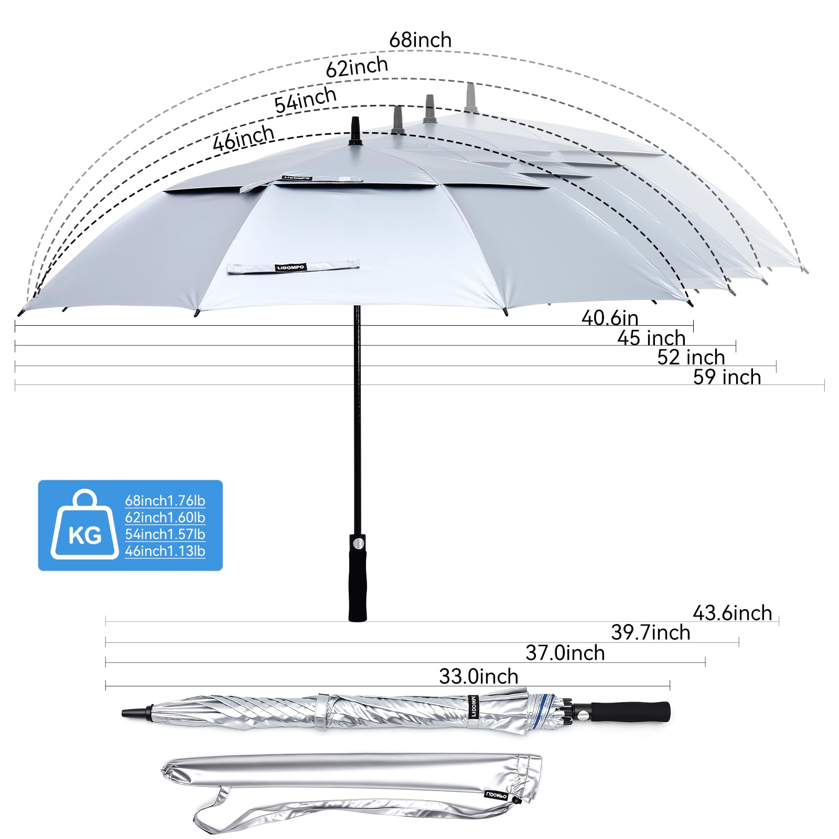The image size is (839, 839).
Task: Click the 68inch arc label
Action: pyautogui.click(x=420, y=40)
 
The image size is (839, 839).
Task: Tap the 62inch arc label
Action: pyautogui.click(x=357, y=67)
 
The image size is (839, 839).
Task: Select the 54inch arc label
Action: pyautogui.click(x=306, y=99)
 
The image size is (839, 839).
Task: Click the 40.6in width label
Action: pyautogui.click(x=610, y=318)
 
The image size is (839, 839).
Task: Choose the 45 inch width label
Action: pyautogui.click(x=651, y=338)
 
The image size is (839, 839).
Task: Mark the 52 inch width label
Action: pyautogui.click(x=691, y=357)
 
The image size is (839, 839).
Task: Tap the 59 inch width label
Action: pyautogui.click(x=727, y=377)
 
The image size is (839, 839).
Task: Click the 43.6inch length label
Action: pyautogui.click(x=733, y=613)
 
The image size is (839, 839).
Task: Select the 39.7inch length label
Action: pyautogui.click(x=651, y=632)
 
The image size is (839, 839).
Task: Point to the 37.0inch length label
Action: pyautogui.click(x=565, y=653)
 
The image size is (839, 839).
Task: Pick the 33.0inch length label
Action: pyautogui.click(x=479, y=676)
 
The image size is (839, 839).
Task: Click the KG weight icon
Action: pyautogui.click(x=84, y=524)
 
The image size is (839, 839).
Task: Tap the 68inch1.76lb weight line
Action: pyautogui.click(x=165, y=501)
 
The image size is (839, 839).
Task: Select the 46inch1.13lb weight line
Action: pyautogui.click(x=165, y=551)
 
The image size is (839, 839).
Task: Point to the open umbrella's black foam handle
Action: pyautogui.click(x=358, y=578)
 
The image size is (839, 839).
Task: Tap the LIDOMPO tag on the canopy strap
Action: pyautogui.click(x=290, y=267)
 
